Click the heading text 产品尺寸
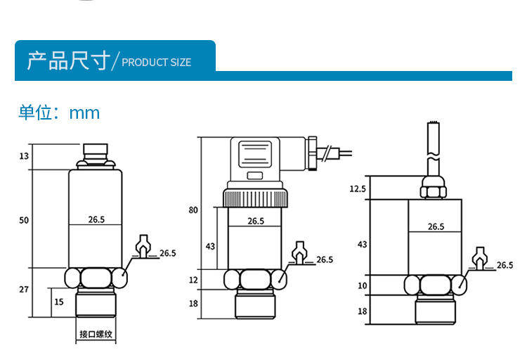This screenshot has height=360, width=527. pos(68,60)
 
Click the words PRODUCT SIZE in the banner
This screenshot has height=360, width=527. pos(157,63)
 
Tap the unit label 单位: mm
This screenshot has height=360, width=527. pos(59,112)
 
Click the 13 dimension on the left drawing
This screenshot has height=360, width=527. pos(24,156)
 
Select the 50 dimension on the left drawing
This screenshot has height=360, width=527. pos(24,220)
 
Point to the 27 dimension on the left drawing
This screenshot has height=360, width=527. pos(24,290)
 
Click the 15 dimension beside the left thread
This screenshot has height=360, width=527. pos(59,302)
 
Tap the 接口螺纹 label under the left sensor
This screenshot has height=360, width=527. pos(96,335)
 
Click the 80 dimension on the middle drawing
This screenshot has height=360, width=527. pos(194,210)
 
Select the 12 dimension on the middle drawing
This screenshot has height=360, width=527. pos(195,280)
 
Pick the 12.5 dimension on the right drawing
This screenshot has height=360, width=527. pos(358,188)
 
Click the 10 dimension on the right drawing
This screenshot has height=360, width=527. pos(363,285)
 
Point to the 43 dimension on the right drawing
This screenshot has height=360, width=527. pos(363,245)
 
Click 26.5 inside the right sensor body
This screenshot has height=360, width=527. pos(436,226)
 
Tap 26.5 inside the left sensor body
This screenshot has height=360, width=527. pos(96,220)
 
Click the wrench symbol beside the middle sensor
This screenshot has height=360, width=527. pos(298,252)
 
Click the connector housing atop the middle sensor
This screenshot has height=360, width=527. pos(259,160)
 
